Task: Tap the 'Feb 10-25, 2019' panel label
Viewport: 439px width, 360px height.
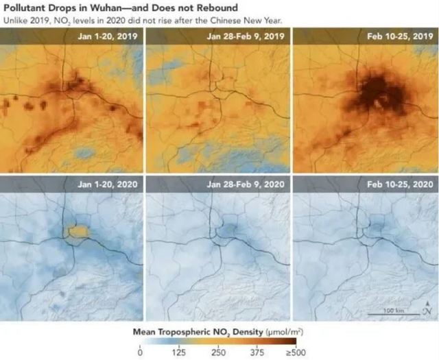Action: click(399, 35)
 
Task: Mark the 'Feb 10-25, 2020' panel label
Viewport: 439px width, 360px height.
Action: click(399, 184)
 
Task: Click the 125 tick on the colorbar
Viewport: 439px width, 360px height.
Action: click(178, 352)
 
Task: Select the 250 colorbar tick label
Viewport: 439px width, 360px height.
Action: click(218, 352)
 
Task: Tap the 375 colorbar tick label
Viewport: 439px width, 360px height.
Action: click(257, 352)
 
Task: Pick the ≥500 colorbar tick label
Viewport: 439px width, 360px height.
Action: click(296, 352)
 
